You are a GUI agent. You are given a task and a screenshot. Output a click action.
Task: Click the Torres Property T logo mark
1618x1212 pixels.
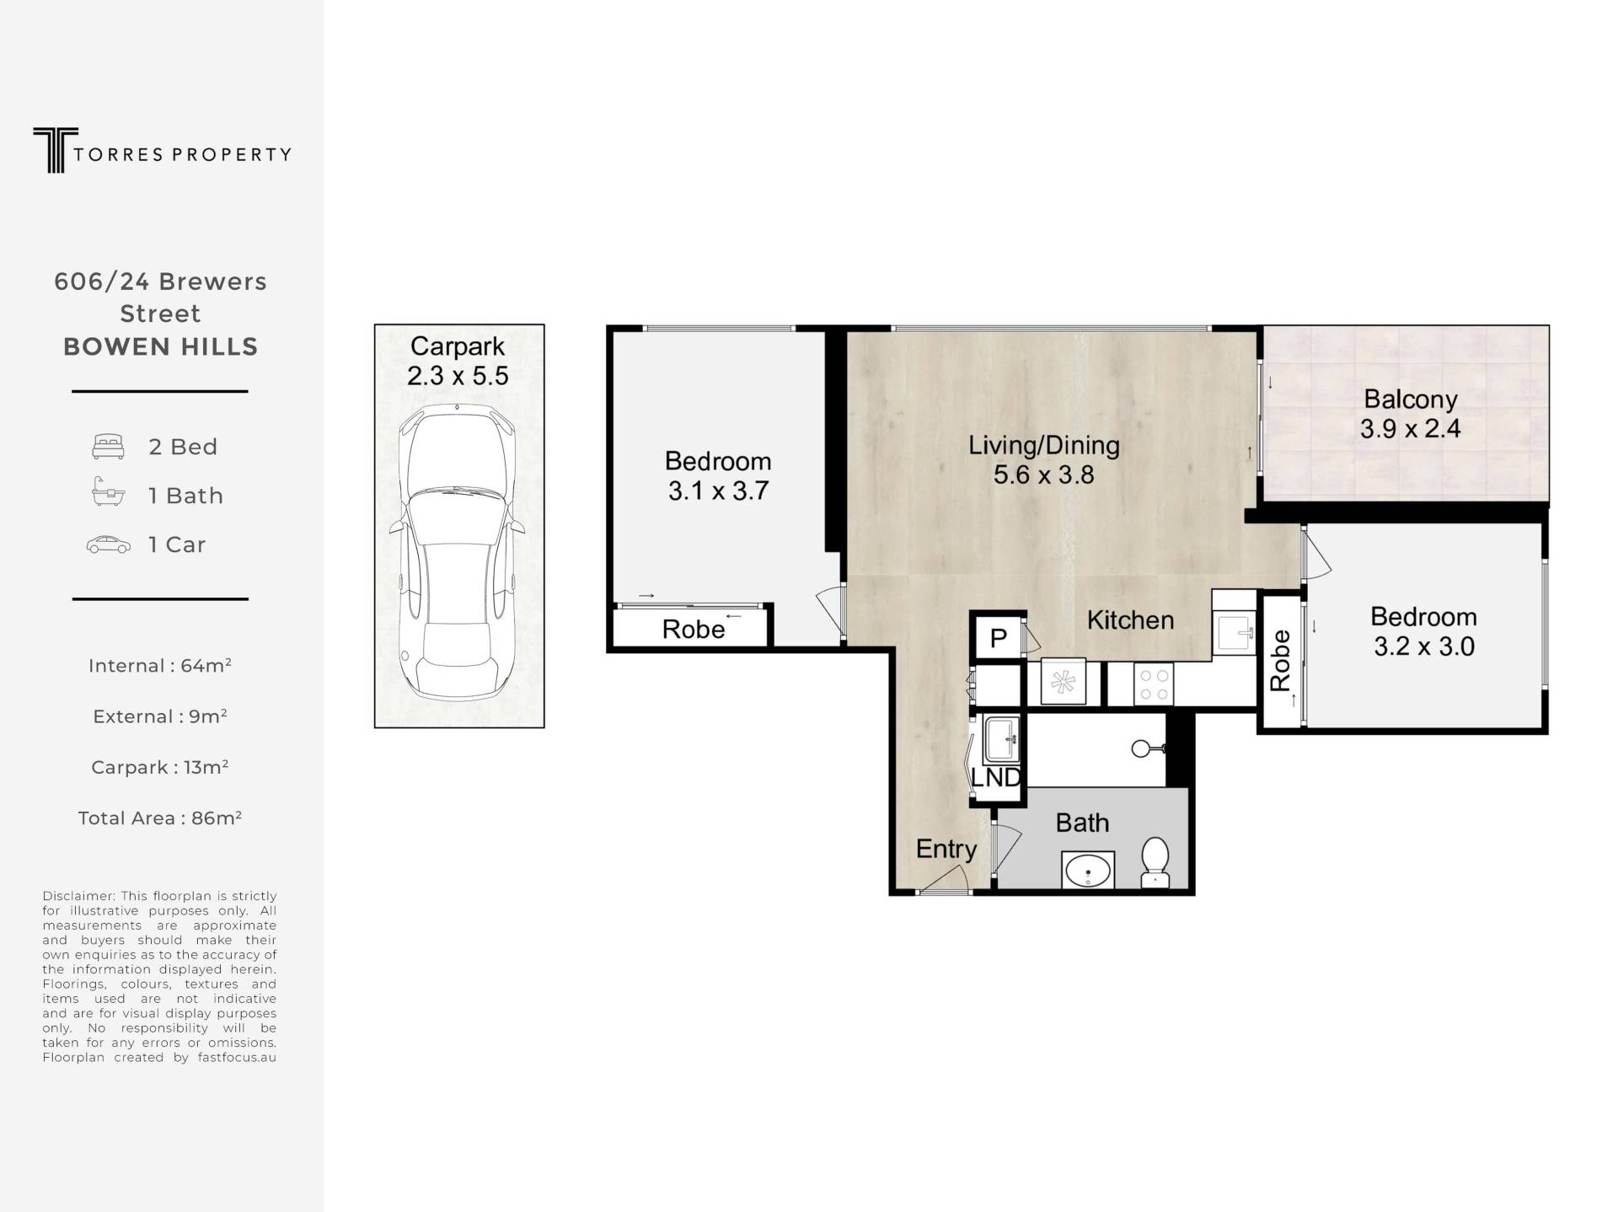point(56,150)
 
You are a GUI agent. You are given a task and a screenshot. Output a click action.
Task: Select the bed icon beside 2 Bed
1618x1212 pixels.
point(108,447)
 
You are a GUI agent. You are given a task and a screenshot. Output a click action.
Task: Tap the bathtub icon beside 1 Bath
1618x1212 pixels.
point(108,492)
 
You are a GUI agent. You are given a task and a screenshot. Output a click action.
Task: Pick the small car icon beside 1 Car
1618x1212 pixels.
point(109,545)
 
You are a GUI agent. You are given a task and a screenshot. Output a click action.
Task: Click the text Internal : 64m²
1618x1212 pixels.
point(160,666)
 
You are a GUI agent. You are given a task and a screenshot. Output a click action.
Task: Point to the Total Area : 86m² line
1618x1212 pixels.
point(160,818)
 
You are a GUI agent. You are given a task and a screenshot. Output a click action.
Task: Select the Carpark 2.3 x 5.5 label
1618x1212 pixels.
point(458,361)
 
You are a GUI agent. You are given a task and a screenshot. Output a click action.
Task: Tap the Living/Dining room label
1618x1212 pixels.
point(1043,459)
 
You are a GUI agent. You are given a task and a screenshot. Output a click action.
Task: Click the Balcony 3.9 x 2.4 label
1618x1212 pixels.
point(1410,414)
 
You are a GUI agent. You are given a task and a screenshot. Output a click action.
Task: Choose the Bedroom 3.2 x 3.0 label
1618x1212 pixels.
point(1423,631)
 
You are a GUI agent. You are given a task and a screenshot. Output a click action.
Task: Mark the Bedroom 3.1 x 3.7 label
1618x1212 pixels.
point(718,475)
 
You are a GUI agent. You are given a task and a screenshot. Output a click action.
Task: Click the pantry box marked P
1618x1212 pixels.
point(998,637)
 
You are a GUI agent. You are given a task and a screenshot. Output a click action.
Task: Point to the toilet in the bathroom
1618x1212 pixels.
point(1155,862)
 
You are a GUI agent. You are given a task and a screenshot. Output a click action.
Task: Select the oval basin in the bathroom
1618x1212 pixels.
point(1088,871)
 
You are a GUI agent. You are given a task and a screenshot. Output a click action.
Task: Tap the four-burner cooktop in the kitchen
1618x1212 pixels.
point(1153,684)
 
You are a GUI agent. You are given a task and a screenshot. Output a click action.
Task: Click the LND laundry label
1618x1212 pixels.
point(996,777)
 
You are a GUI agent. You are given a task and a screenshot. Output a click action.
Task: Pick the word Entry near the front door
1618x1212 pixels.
point(946,850)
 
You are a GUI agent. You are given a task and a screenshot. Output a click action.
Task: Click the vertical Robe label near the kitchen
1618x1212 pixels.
point(1280,661)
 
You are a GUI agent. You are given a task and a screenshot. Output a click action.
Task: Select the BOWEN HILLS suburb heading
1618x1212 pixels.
point(160,346)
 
